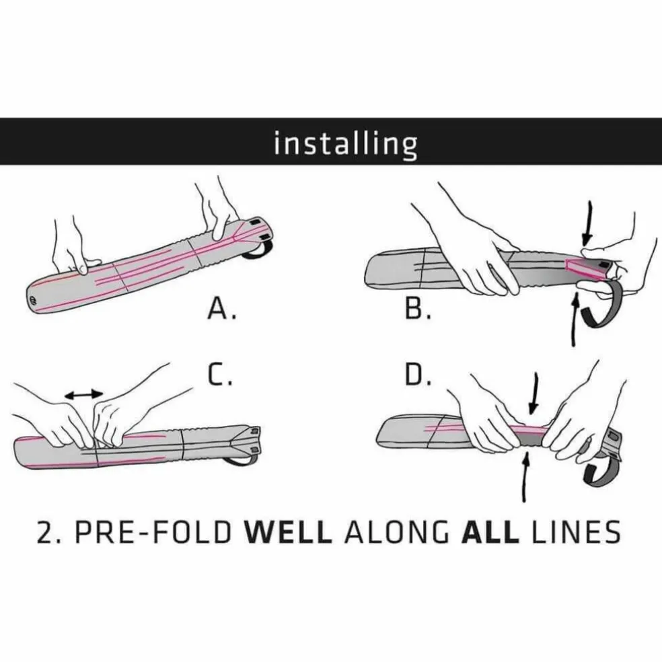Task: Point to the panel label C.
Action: coord(220,375)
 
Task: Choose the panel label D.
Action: coord(418,375)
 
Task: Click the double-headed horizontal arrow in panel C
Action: coord(84,395)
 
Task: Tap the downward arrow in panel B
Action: coord(587,223)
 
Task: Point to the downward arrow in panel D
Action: coord(534,393)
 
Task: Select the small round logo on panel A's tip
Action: coord(34,301)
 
